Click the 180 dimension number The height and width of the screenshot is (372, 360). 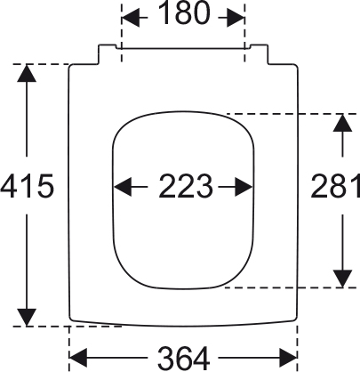point(184,13)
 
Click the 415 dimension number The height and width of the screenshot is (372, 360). point(28,186)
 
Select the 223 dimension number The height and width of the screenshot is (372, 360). point(186,186)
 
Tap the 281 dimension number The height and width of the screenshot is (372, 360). point(335,186)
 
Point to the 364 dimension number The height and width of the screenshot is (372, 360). point(184,358)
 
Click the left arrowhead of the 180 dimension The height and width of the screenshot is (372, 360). point(131,18)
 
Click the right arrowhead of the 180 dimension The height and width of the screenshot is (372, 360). point(236,18)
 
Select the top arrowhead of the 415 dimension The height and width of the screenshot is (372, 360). point(27,73)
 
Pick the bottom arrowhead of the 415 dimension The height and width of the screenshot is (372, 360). point(27,318)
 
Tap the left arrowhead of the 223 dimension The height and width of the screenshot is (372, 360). point(123,187)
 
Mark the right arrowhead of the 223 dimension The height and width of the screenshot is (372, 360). point(244,187)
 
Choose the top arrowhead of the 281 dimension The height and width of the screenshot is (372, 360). point(342,123)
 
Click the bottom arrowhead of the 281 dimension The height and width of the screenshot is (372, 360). point(342,279)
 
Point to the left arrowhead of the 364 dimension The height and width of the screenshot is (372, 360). point(78,358)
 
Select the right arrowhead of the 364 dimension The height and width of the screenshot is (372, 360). point(288,358)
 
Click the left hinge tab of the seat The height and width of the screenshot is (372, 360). point(108,54)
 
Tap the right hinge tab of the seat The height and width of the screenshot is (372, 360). point(259,54)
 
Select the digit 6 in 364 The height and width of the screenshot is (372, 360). point(184,358)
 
